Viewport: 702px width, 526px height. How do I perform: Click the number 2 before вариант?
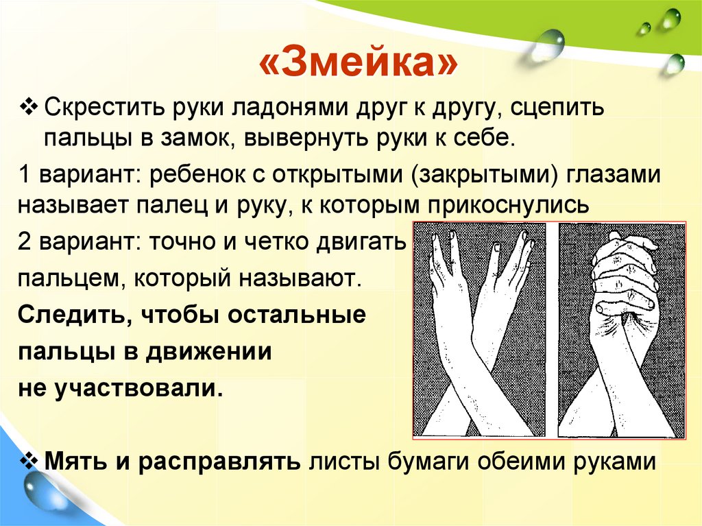click(25, 242)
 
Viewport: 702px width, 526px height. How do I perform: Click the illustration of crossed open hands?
click(479, 329)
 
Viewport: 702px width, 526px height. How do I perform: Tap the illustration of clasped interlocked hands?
click(621, 329)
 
